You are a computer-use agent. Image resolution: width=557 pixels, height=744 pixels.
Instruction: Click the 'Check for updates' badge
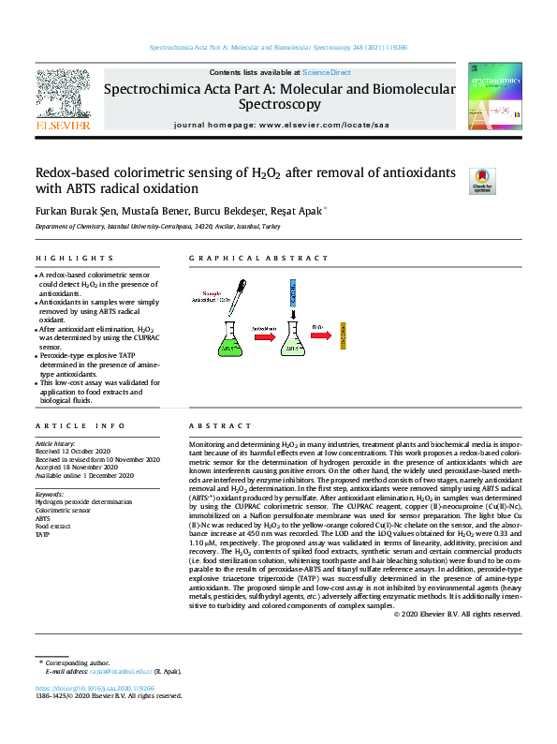pos(481,180)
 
